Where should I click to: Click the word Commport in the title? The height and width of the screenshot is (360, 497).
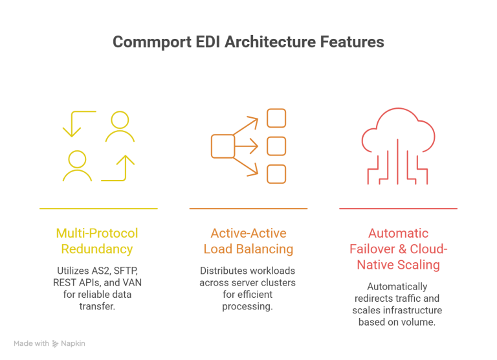(144, 42)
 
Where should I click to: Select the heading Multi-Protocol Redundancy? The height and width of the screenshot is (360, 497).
(98, 241)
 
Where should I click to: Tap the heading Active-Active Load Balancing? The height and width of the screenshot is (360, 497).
(248, 241)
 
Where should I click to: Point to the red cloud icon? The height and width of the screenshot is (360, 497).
(398, 139)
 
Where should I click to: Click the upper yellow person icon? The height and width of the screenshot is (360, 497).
(120, 127)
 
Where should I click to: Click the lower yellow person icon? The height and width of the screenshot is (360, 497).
(78, 165)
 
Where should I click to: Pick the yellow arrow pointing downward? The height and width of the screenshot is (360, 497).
(72, 124)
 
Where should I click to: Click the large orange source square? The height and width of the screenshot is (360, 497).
(223, 146)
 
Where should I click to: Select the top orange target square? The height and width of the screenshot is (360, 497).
(276, 118)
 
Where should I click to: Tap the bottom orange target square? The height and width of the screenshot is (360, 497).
(276, 174)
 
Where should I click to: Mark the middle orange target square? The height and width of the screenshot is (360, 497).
(276, 146)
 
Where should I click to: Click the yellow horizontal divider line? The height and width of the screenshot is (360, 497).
(98, 209)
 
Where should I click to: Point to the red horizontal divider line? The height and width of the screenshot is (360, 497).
(398, 209)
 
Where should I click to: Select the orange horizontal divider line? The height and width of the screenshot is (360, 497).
(248, 209)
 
